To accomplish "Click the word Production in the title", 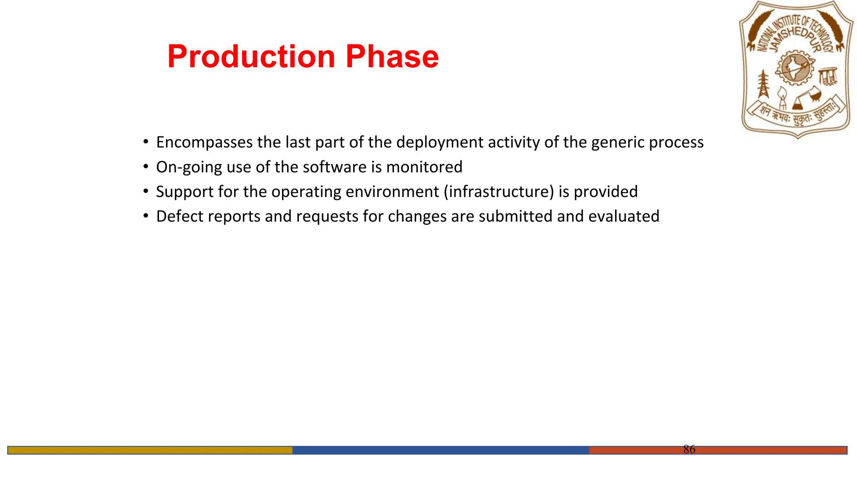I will [251, 56].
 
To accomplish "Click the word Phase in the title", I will [392, 56].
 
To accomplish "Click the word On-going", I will [189, 167].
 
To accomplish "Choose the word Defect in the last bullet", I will [180, 216].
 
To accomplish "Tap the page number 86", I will [689, 449].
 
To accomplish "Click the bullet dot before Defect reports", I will [146, 216].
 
